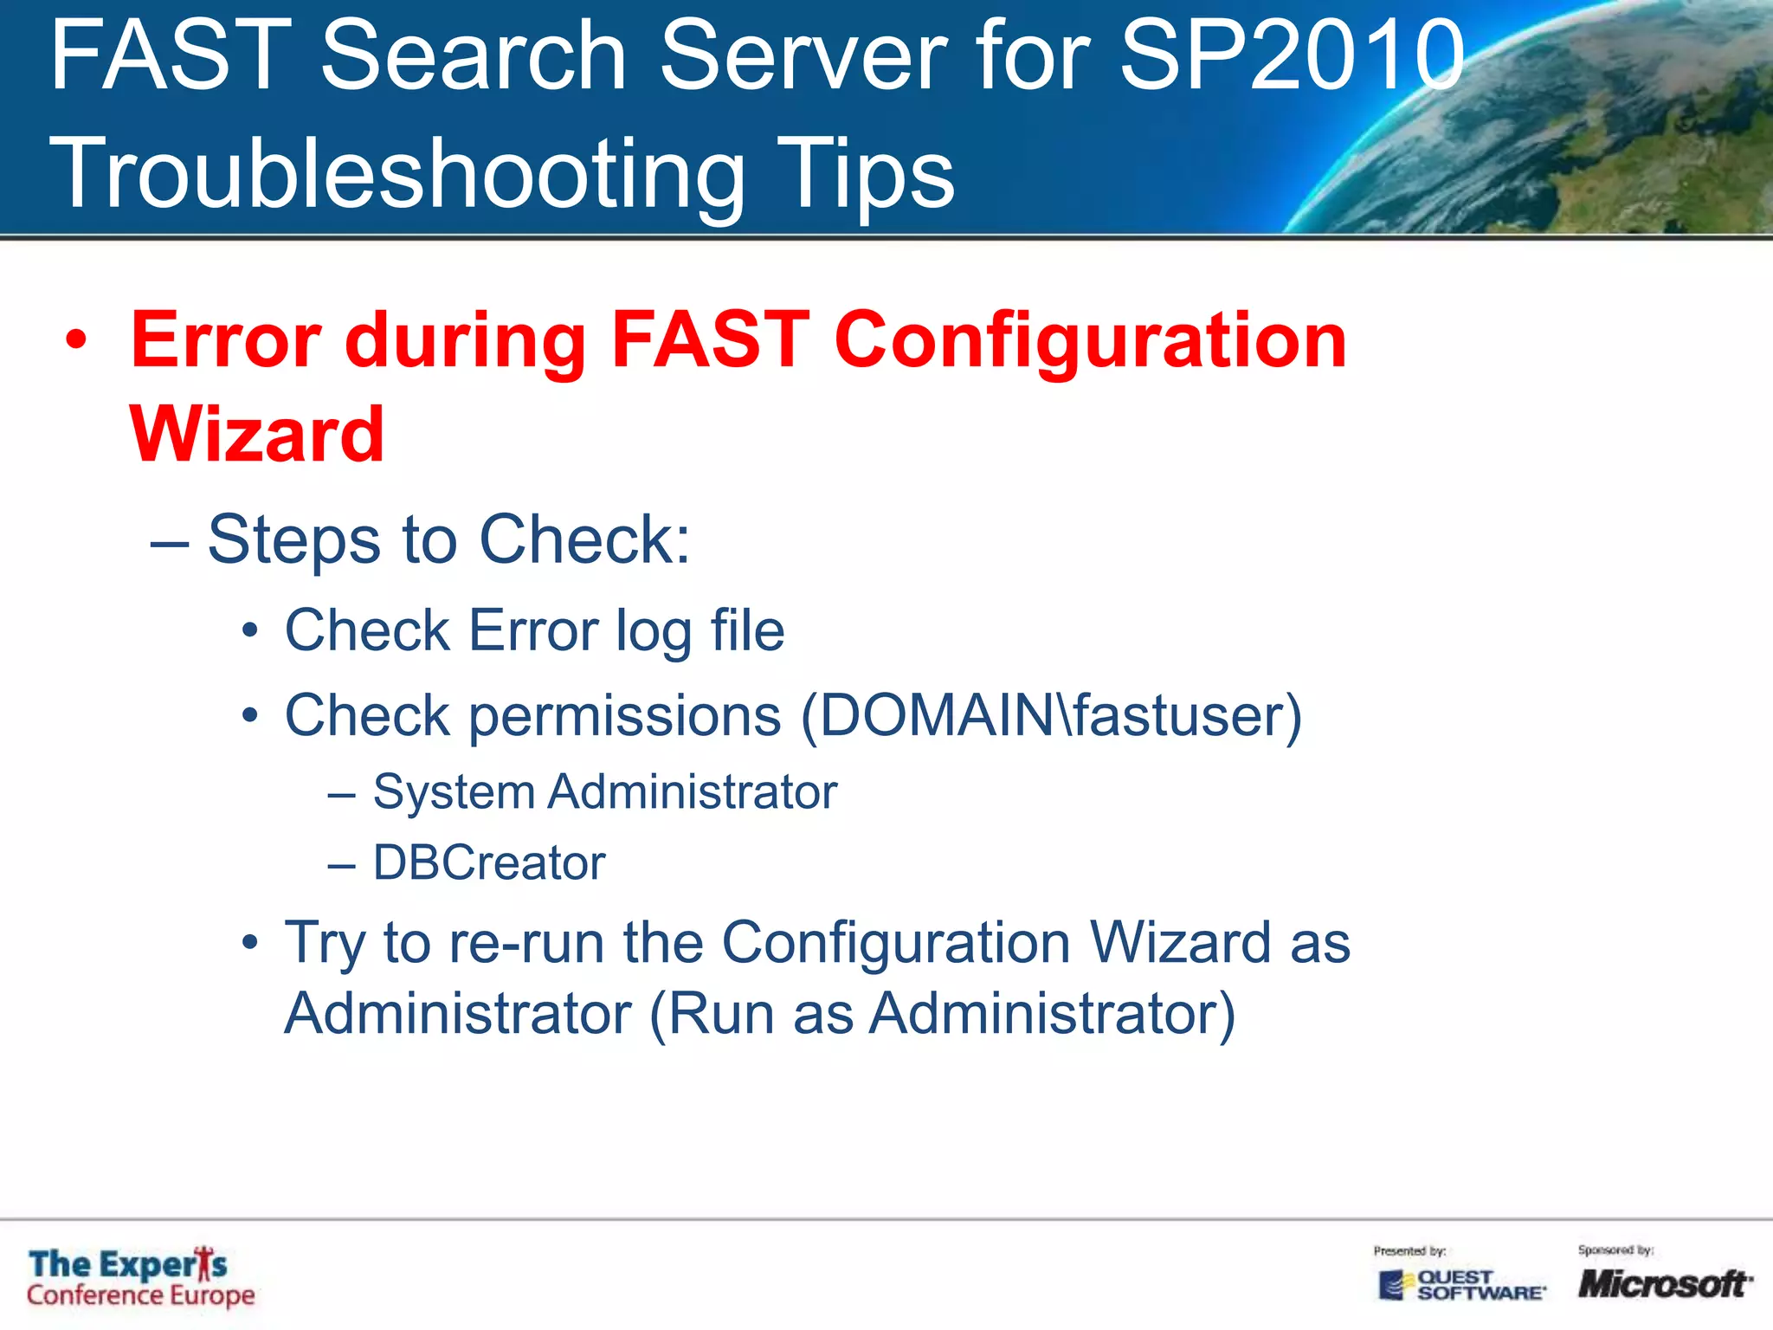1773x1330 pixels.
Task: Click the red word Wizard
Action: point(257,435)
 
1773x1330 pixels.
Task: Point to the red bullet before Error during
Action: point(76,340)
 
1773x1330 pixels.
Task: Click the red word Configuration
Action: point(1090,340)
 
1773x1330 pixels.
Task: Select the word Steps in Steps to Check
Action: point(293,539)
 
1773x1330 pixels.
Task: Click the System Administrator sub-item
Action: point(604,791)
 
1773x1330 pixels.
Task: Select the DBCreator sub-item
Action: point(489,862)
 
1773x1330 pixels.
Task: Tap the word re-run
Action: point(526,942)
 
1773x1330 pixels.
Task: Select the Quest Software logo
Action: point(1461,1285)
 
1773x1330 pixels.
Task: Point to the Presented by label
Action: point(1409,1250)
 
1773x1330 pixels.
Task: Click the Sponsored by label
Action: point(1615,1249)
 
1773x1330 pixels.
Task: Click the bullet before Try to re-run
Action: point(250,942)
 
